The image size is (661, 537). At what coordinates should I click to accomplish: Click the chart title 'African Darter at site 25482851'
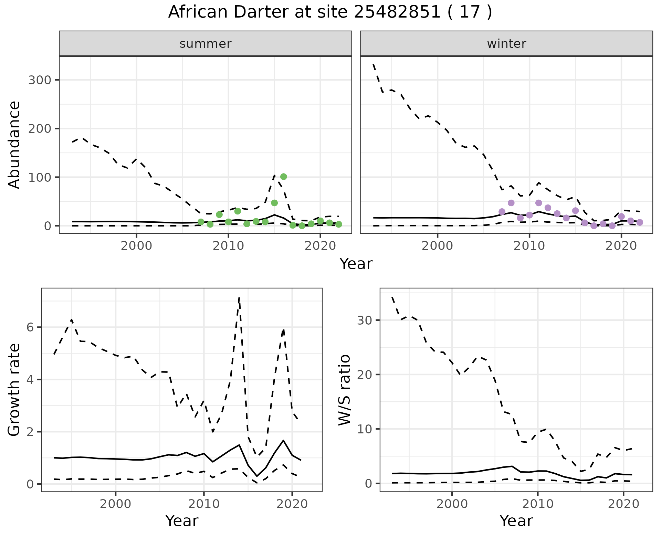point(330,12)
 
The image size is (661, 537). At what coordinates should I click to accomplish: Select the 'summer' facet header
point(206,44)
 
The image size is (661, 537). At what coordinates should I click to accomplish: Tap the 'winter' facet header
point(506,44)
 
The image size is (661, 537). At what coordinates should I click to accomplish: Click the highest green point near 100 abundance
point(284,177)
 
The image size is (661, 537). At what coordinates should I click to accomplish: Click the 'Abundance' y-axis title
point(14,145)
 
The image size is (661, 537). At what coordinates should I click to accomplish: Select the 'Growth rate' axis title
point(14,390)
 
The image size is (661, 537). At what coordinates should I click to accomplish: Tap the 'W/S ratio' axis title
point(345,390)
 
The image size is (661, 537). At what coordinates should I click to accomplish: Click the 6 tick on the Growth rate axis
point(31,327)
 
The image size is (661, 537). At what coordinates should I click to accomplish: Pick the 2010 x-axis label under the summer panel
point(229,246)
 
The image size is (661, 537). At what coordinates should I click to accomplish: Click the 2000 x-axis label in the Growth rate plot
point(116,504)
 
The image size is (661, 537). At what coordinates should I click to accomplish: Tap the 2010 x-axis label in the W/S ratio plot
point(538,504)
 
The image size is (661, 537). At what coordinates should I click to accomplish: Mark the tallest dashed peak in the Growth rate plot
point(239,298)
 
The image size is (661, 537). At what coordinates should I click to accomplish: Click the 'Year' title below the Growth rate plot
point(182,521)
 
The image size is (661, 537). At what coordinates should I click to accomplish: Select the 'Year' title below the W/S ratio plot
point(516,521)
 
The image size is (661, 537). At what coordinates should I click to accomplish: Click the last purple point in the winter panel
point(640,222)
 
